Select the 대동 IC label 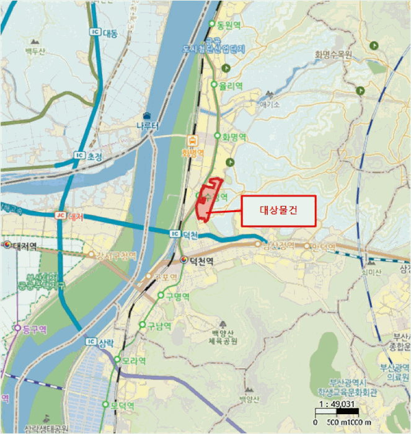tap(104, 33)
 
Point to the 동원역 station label tap(228, 25)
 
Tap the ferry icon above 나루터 tap(147, 115)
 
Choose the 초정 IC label tap(87, 156)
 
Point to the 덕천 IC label tap(183, 233)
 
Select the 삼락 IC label tap(100, 342)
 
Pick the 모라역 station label tap(130, 360)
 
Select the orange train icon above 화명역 tap(192, 139)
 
